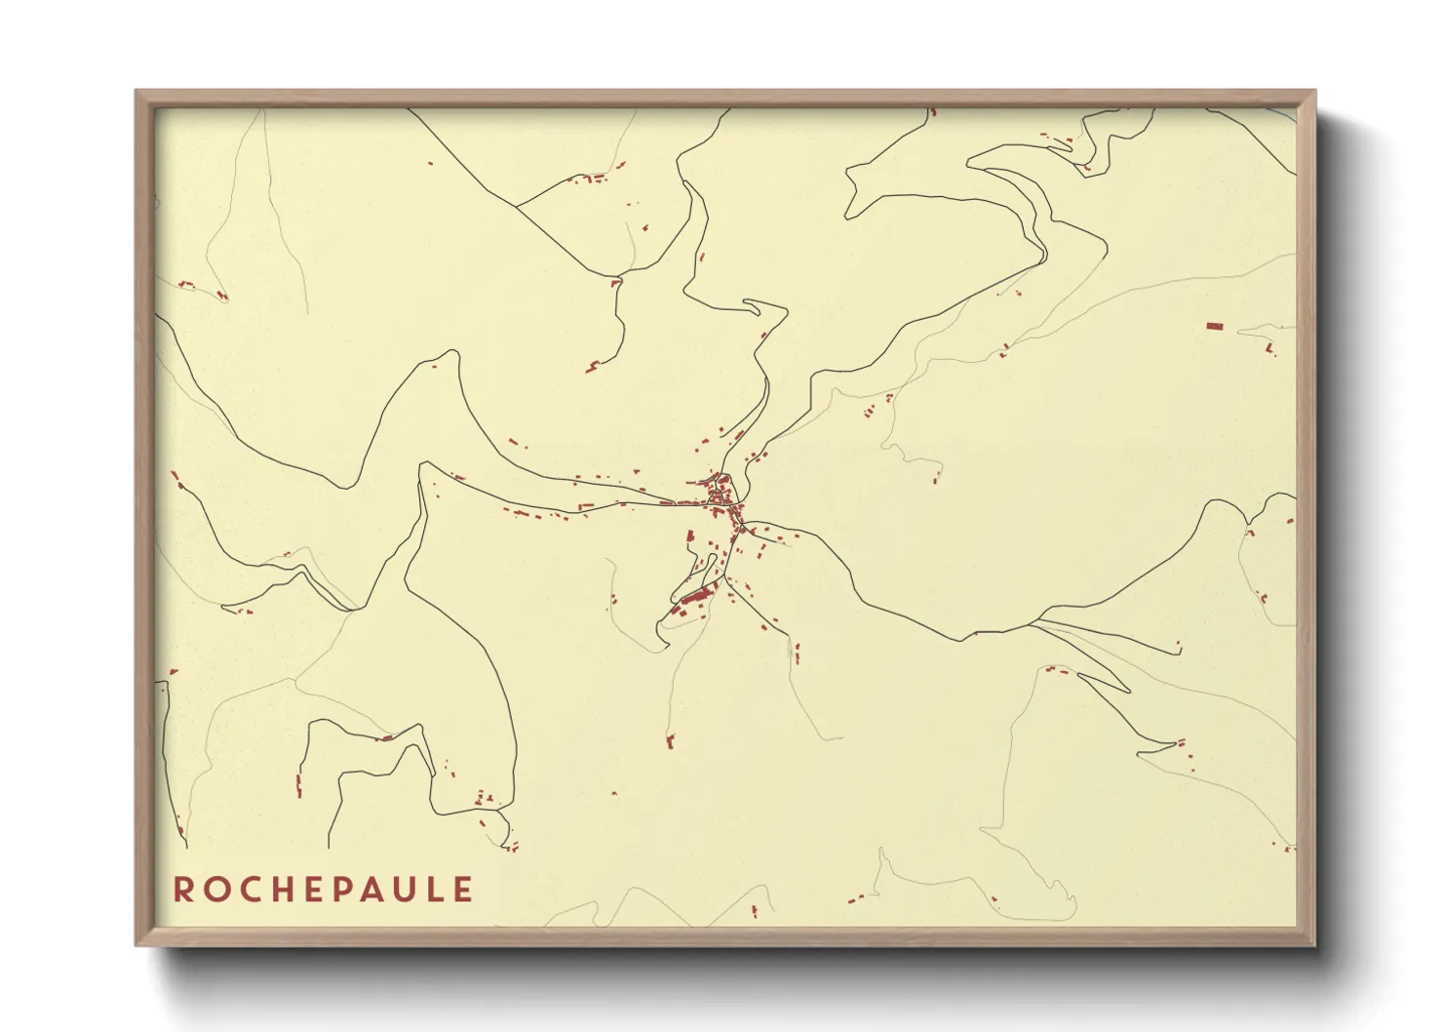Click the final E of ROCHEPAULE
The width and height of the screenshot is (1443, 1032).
[x=465, y=890]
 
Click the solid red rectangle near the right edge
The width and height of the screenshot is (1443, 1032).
[x=1214, y=326]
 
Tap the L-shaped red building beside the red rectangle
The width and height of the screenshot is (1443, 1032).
[x=1269, y=347]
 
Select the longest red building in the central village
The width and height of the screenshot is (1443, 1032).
[x=698, y=594]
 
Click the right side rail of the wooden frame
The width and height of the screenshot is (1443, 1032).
[x=1306, y=517]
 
